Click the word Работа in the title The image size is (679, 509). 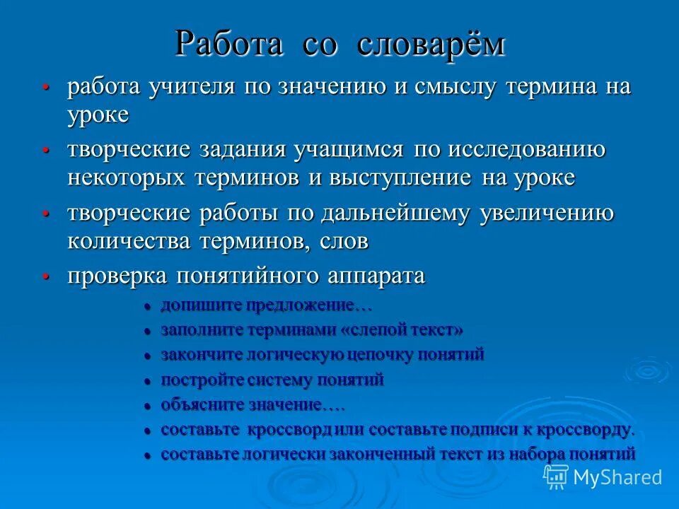pos(229,44)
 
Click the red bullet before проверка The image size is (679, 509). pos(46,276)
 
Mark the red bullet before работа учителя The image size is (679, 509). pos(46,88)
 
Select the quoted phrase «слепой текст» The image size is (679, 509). pos(402,330)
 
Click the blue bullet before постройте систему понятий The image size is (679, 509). pos(148,381)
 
